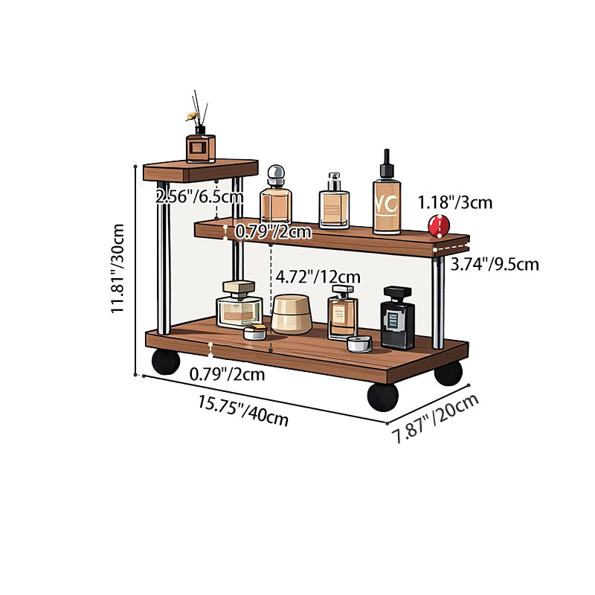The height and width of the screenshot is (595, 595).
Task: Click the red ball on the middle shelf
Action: point(439,226)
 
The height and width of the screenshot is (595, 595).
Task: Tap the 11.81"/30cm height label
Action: point(118,268)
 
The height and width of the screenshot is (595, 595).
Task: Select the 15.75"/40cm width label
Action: point(243,411)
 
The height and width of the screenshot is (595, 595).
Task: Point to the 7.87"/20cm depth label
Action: point(436,419)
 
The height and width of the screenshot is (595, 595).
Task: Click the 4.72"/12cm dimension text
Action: point(318,277)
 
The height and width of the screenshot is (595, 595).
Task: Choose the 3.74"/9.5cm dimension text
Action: point(495,264)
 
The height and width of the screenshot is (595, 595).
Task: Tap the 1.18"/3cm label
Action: point(455,202)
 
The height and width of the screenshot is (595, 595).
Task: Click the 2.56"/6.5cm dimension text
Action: point(199,196)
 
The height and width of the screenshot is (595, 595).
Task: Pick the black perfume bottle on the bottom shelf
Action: point(397,318)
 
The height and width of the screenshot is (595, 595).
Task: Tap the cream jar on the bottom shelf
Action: point(292,315)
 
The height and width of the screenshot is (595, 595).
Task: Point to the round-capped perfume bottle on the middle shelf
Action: point(276,195)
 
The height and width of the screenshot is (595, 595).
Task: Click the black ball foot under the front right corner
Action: point(383,397)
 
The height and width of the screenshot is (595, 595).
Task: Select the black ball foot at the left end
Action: point(166,361)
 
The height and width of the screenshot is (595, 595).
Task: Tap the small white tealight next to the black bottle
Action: point(359,344)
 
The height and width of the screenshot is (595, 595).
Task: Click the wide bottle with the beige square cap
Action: point(239,304)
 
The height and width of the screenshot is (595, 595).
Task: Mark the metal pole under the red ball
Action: point(438,303)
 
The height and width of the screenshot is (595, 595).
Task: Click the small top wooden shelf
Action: point(201,170)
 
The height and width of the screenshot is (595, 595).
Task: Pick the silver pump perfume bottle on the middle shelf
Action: point(334,201)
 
